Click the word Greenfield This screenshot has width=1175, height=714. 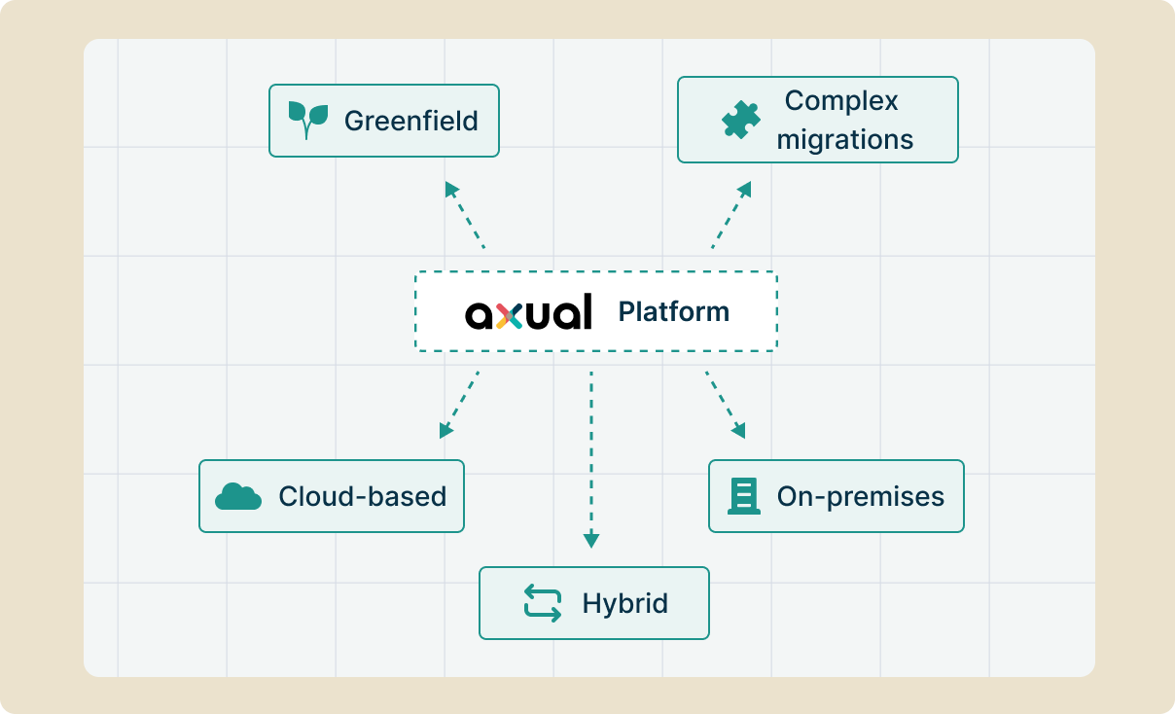410,121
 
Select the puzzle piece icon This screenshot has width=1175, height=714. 740,120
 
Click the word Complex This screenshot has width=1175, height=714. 841,101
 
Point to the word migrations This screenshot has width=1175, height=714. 844,139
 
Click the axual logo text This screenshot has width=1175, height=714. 528,311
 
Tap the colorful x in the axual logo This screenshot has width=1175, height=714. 509,316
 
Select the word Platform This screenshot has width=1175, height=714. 673,311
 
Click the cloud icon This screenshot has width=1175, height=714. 238,496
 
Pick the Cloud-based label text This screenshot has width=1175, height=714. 363,496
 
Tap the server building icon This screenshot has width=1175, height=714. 744,496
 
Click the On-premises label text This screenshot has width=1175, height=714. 861,496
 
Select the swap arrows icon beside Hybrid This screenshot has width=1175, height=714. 543,603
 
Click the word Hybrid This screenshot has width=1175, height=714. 625,603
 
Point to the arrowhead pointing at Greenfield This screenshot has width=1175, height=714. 451,189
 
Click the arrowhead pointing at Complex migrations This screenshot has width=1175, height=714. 745,189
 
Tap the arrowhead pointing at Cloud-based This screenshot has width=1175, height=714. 445,431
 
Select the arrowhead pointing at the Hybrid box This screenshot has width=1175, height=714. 591,540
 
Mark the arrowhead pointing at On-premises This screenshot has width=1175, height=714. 739,431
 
